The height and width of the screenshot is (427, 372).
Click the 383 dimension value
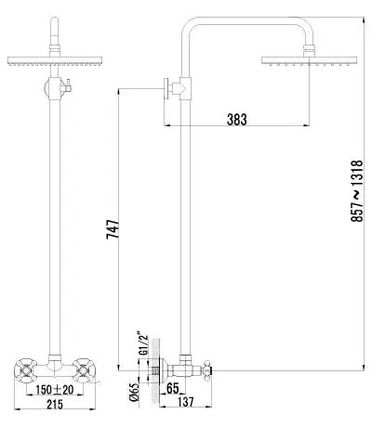point(237,120)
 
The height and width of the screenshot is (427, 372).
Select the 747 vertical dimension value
point(113,229)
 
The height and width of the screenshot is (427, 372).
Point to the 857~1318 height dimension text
point(356,190)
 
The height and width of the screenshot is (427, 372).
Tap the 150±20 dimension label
point(55,390)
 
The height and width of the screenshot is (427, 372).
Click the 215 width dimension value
point(55,404)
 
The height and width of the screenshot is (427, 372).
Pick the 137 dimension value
point(186,402)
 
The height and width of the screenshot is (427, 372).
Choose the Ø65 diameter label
point(134,392)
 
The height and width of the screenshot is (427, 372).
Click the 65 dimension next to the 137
point(173,388)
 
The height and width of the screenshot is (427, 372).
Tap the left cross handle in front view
point(26,369)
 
